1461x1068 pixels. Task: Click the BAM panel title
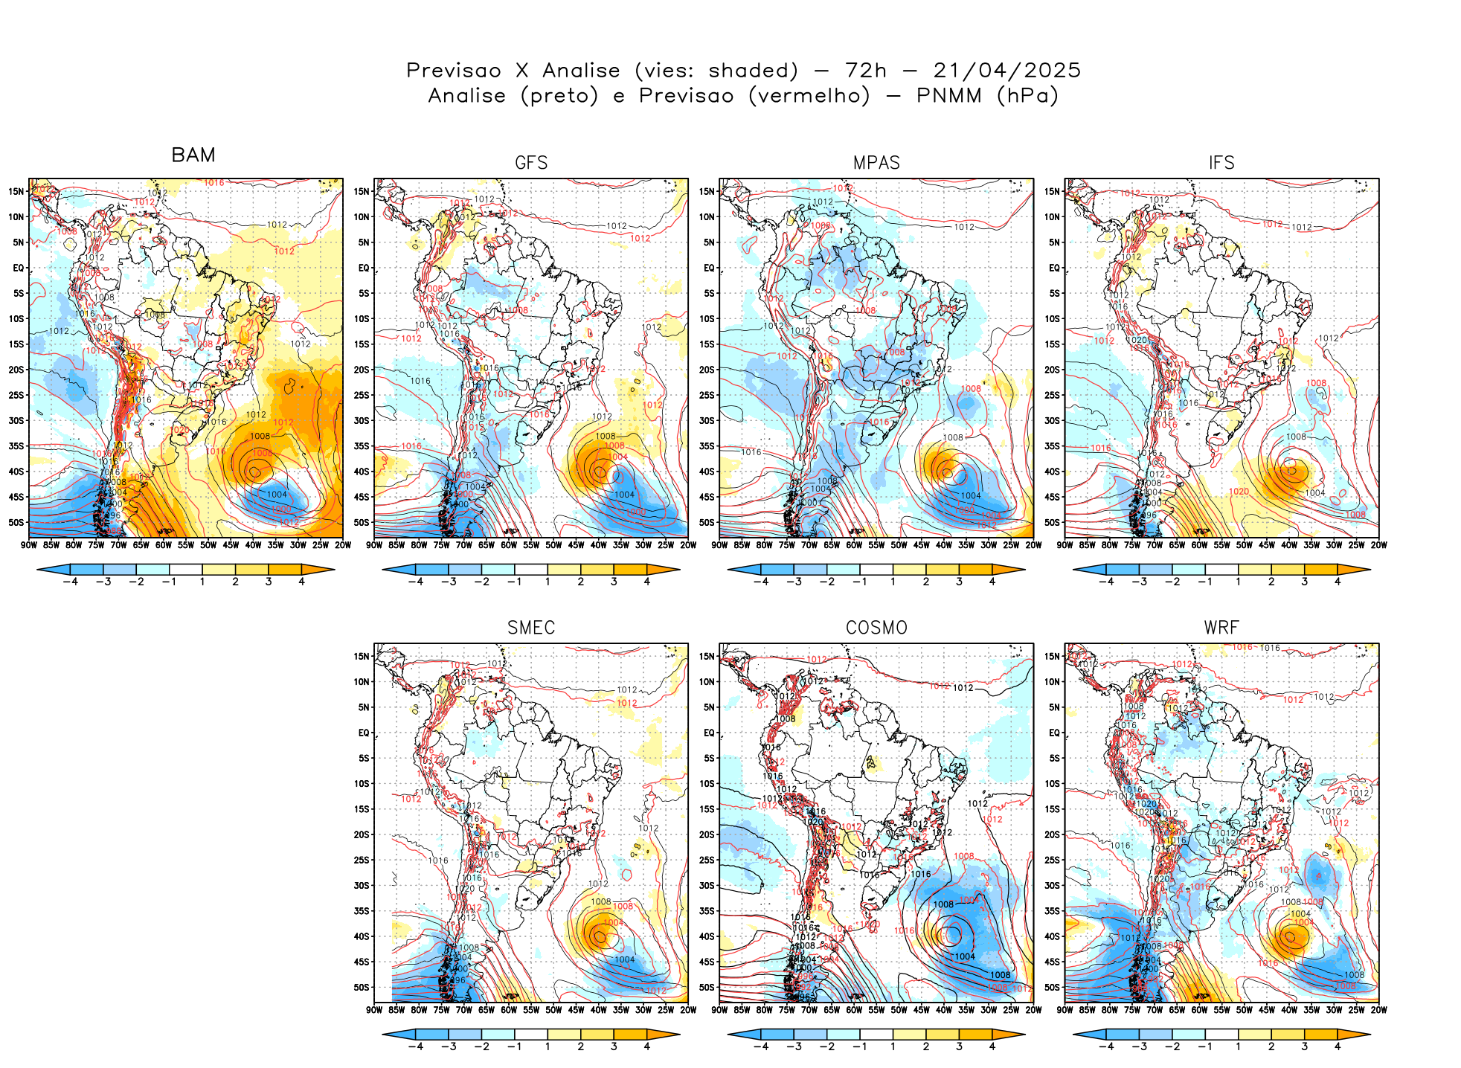(193, 155)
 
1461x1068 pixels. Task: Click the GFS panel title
(531, 163)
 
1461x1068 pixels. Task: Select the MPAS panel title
(876, 163)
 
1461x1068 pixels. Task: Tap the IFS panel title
(1221, 163)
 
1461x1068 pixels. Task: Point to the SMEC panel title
(531, 628)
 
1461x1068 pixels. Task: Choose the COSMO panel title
(876, 628)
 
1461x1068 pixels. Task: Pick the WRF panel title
(1221, 628)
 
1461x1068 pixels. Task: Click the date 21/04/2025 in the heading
(1006, 71)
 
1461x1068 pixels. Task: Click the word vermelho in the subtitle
(809, 96)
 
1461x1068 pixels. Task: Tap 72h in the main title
(866, 71)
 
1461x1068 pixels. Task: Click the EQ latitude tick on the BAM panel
(19, 268)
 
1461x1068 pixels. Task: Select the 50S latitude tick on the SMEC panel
(362, 988)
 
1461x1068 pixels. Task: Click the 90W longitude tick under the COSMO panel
(719, 1010)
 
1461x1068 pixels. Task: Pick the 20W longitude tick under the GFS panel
(688, 545)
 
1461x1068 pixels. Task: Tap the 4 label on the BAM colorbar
(301, 582)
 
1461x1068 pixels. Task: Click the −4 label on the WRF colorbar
(1106, 1046)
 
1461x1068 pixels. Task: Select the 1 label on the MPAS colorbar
(893, 582)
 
